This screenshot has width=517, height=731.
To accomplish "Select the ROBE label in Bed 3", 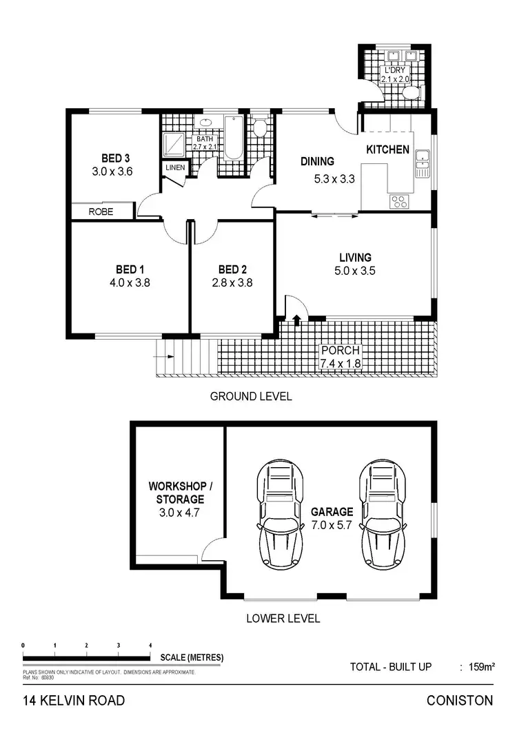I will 101,212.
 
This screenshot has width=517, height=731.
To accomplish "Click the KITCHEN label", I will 387,150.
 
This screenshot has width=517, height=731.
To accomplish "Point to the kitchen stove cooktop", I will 399,201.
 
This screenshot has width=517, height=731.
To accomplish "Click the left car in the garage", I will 280,513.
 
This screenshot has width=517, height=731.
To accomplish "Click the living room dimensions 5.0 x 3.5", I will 354,271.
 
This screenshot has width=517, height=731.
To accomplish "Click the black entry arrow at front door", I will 297,320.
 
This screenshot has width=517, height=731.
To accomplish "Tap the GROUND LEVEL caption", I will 250,396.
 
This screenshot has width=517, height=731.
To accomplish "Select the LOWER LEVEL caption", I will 283,618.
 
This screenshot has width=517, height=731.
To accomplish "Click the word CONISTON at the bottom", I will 460,701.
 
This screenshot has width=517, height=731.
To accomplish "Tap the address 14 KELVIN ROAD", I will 74,701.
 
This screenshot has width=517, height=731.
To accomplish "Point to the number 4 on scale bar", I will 150,645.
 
